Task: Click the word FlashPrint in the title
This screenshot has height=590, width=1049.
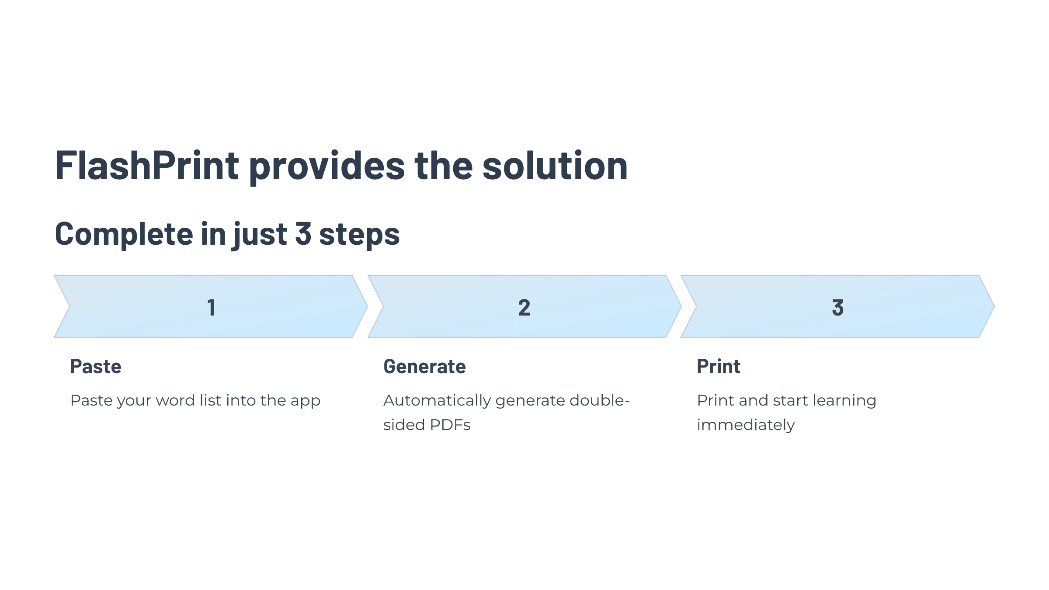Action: [x=147, y=166]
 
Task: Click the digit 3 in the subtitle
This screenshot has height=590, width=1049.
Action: [x=303, y=233]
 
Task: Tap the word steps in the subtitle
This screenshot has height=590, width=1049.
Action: [x=359, y=236]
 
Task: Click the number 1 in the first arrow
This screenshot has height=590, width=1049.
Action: [x=211, y=307]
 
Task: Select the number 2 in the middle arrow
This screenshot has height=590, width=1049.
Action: [x=524, y=307]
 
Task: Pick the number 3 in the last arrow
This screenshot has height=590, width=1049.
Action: [x=837, y=307]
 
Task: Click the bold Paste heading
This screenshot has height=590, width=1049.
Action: [x=96, y=366]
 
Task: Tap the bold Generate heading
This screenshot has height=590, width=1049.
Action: [x=424, y=366]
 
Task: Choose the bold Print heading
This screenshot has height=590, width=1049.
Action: [x=719, y=366]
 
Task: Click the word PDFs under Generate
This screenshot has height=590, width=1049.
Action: [x=450, y=425]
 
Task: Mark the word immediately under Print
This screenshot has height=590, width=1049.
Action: [x=746, y=425]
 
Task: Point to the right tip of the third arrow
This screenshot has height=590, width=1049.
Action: [x=994, y=306]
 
